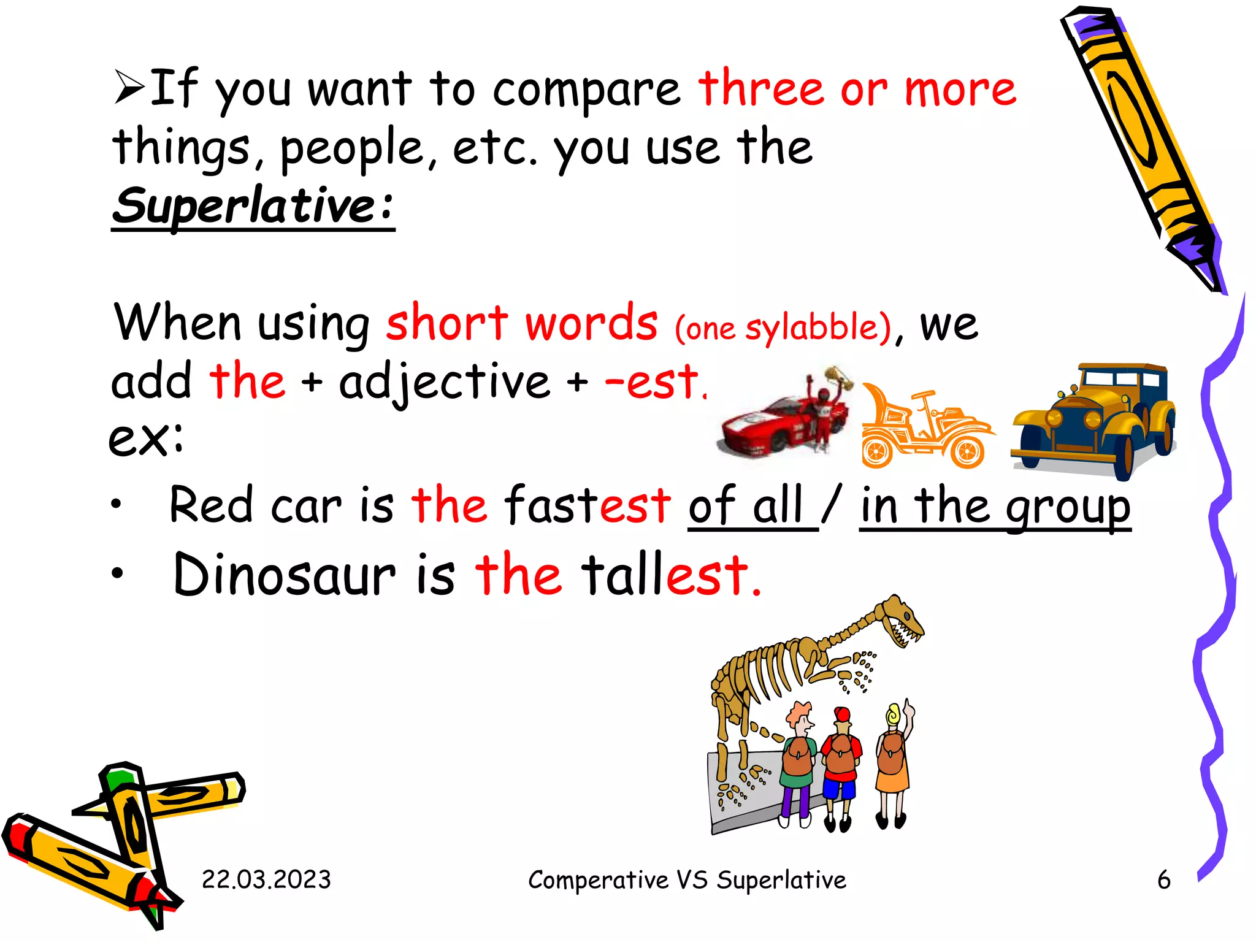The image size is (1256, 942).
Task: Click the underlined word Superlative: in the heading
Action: coord(253,206)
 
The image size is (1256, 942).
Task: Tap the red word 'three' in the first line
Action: coord(760,89)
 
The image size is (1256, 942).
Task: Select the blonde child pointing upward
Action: coord(894,760)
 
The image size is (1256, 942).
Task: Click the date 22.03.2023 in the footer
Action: coord(266,879)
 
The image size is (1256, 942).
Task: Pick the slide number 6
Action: coord(1163,879)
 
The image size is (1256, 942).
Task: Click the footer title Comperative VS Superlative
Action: coord(687,879)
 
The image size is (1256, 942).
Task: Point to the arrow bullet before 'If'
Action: coord(129,88)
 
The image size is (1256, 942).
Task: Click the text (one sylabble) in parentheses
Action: coord(783,327)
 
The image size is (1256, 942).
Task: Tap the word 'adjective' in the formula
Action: coord(445,383)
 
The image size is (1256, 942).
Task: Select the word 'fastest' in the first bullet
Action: coord(587,505)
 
